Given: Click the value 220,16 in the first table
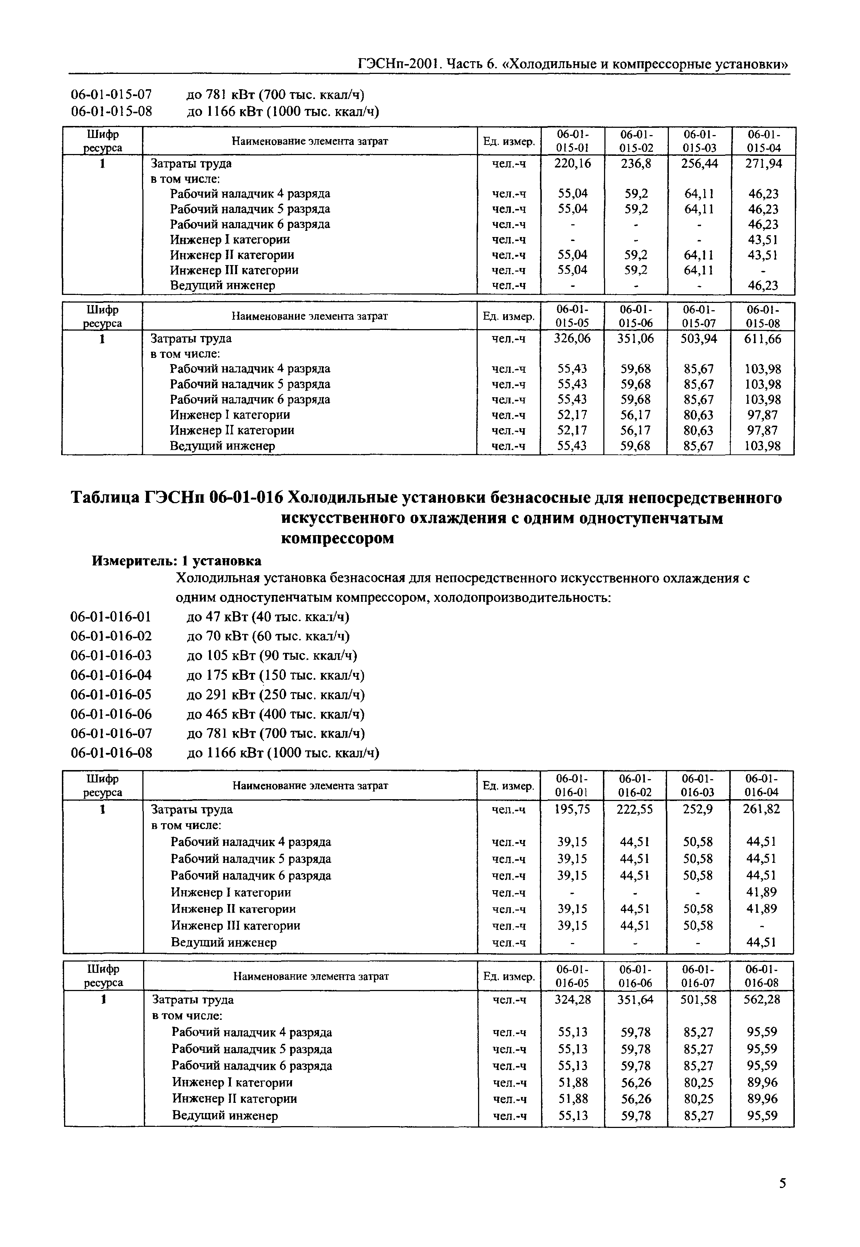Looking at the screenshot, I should click(x=572, y=163).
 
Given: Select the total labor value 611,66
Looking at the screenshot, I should click(x=762, y=339).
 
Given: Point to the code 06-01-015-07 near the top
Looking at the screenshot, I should click(x=111, y=95).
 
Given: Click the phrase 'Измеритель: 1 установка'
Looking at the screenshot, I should click(x=177, y=561).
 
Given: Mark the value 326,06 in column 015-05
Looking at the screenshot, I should click(x=572, y=339).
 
